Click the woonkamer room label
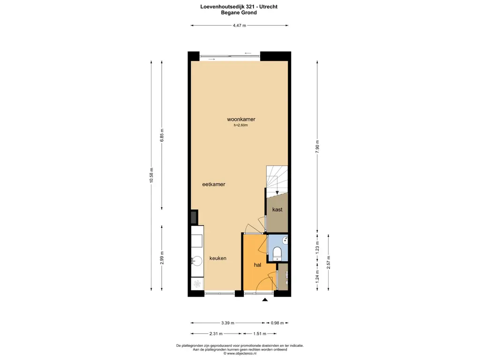241,120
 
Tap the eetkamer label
214,184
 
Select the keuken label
218,258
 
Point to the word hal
257,265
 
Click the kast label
277,210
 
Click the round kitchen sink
196,261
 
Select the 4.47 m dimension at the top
240,26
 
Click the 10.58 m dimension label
151,175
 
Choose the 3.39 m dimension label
228,322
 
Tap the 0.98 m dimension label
277,322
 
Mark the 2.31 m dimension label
216,334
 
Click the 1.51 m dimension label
260,334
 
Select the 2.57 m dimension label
329,262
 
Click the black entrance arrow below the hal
265,300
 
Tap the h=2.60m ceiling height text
241,125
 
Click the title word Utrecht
268,7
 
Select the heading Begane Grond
239,13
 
